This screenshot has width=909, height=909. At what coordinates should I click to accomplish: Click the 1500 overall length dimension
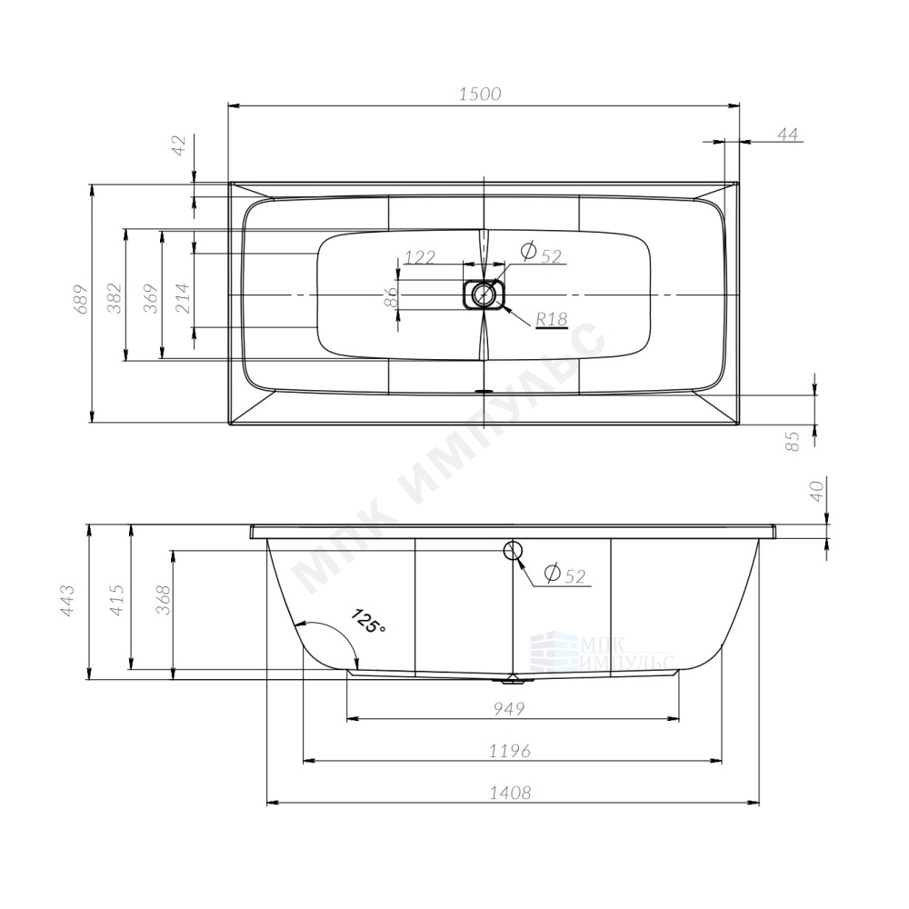(480, 94)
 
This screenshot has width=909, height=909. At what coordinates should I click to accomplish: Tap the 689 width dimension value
(81, 298)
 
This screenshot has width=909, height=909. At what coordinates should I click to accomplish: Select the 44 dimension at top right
(787, 134)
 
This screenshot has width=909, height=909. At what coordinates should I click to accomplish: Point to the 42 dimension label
(180, 145)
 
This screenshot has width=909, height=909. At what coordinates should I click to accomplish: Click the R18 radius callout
(552, 318)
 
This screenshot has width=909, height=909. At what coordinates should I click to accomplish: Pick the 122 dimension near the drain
(420, 256)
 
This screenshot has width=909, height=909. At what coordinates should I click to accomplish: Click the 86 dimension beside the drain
(390, 297)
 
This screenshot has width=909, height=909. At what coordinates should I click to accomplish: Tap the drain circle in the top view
(483, 295)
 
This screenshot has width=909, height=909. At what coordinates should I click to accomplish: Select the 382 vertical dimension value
(115, 298)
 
